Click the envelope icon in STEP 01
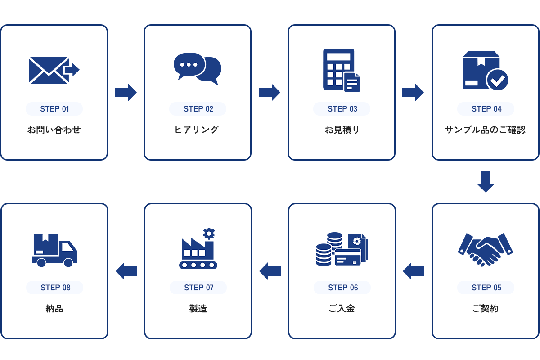pyautogui.click(x=49, y=70)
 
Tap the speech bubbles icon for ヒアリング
pyautogui.click(x=198, y=68)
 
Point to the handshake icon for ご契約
pyautogui.click(x=486, y=249)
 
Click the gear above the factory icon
pyautogui.click(x=209, y=233)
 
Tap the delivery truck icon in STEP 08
pyautogui.click(x=54, y=250)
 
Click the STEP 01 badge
pyautogui.click(x=54, y=109)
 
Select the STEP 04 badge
pyautogui.click(x=486, y=109)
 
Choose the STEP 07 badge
pyautogui.click(x=198, y=288)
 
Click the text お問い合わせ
pyautogui.click(x=54, y=130)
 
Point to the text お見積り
pyautogui.click(x=342, y=130)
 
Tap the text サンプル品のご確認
pyautogui.click(x=485, y=130)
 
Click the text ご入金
pyautogui.click(x=342, y=309)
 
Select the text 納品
pyautogui.click(x=54, y=309)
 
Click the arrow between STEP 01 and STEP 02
pyautogui.click(x=126, y=92)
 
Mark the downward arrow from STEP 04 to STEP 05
pyautogui.click(x=486, y=181)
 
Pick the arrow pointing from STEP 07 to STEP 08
pyautogui.click(x=126, y=271)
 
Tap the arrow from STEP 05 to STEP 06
pyautogui.click(x=414, y=271)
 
